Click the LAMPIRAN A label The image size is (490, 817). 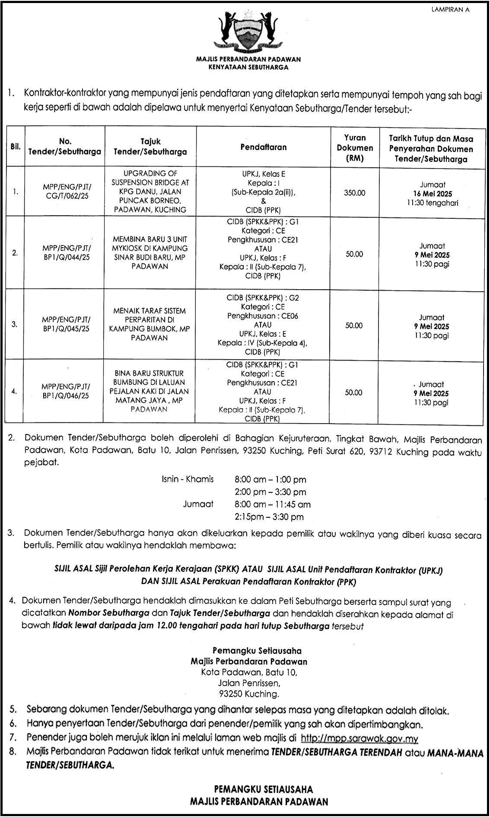[450, 9]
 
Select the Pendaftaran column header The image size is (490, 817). [263, 147]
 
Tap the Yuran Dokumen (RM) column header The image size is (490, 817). [355, 147]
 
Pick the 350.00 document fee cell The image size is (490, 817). [355, 193]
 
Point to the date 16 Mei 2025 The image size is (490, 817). [432, 194]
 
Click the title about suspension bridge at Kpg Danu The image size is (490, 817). [150, 191]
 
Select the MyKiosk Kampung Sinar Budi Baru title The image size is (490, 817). [150, 253]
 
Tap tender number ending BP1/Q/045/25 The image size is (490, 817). [67, 324]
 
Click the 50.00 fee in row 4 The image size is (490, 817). [354, 393]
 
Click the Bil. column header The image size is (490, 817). [15, 147]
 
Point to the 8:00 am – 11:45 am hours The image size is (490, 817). [273, 504]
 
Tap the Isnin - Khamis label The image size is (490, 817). [188, 479]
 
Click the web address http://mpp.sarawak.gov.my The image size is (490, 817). [359, 738]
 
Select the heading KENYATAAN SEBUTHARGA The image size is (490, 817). [248, 67]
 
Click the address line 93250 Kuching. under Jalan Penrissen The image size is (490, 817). [249, 694]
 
